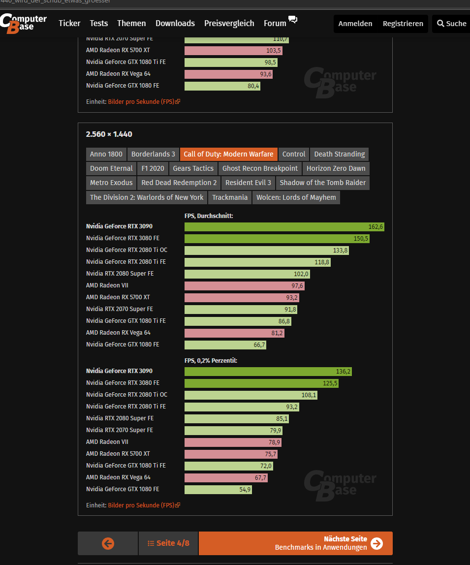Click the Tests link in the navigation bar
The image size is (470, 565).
98,23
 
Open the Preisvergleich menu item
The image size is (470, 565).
229,23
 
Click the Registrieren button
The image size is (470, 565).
403,24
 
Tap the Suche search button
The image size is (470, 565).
451,24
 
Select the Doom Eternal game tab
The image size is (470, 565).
111,168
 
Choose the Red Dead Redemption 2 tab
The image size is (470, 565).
179,183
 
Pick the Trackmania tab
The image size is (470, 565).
230,197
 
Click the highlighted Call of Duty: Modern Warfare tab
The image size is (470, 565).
228,154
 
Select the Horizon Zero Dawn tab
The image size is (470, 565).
336,168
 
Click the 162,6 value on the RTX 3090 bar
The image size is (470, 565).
376,227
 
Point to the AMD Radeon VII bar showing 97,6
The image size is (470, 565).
244,286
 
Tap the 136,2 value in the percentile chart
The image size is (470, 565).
344,372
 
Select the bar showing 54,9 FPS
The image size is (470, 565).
218,490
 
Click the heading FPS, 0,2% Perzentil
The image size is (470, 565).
211,361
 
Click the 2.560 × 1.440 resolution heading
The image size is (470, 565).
109,134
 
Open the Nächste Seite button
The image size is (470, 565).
295,543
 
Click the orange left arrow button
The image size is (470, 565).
108,543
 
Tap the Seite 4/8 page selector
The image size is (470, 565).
168,543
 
